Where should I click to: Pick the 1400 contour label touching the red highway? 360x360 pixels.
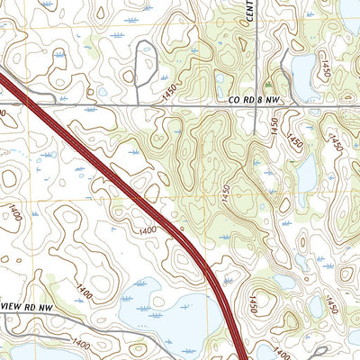point(148,231)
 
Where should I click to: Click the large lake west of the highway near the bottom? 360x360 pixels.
point(171,315)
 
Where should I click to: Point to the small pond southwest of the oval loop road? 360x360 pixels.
point(103,91)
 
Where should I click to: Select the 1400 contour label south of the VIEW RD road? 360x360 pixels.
point(80,344)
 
